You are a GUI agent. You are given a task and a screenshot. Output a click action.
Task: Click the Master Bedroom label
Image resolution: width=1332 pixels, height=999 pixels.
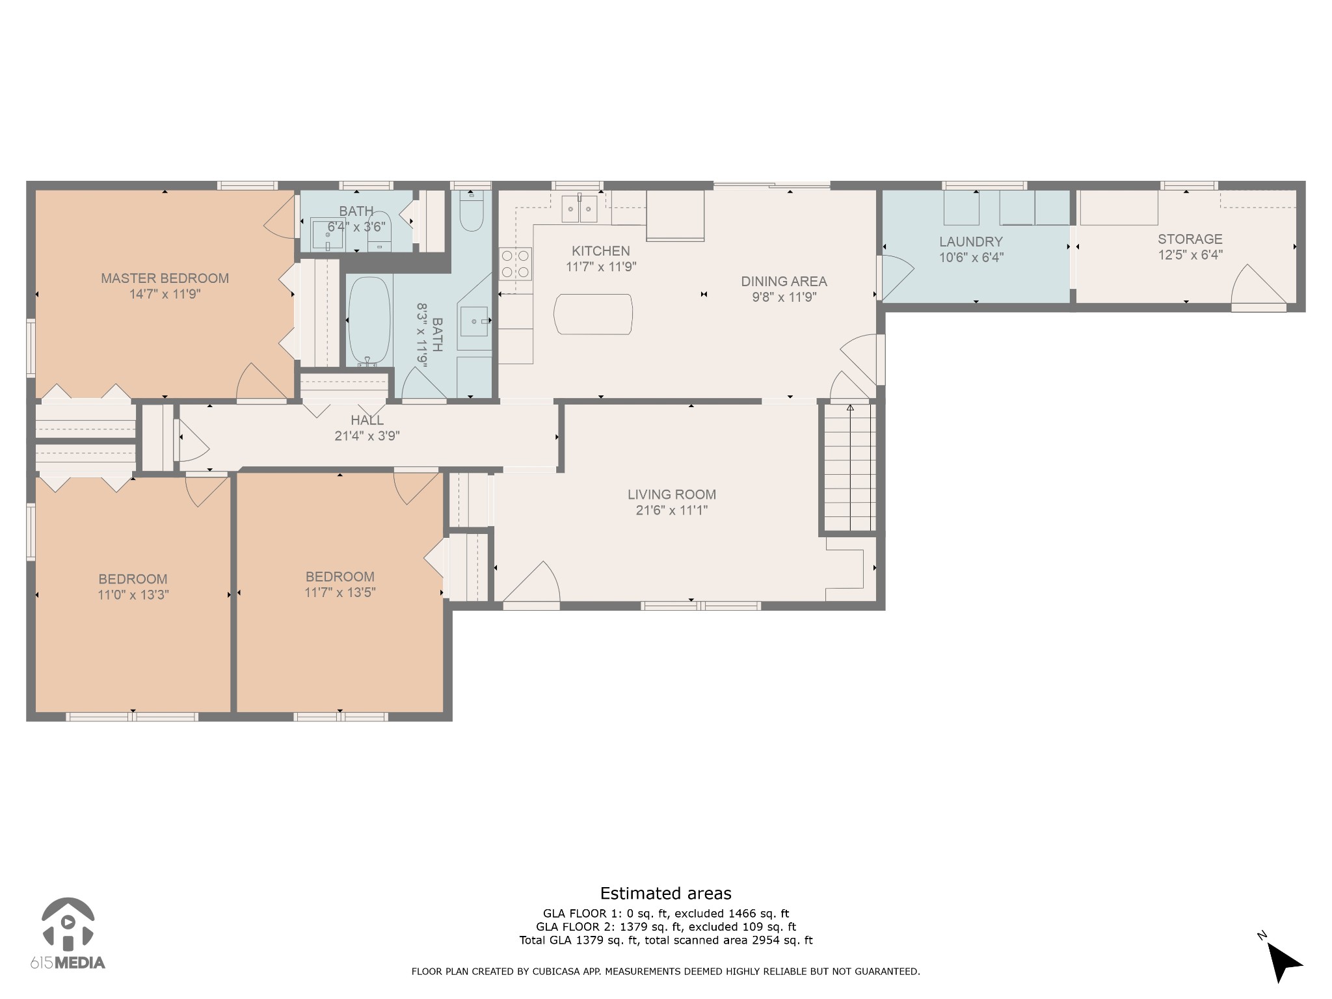[165, 278]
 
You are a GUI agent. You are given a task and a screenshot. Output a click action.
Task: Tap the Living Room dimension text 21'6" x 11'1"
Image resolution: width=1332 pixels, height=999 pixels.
[671, 511]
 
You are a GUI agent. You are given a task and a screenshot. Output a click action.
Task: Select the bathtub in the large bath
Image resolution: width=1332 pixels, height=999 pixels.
[369, 322]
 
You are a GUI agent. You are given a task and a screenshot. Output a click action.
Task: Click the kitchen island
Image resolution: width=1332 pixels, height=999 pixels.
[593, 315]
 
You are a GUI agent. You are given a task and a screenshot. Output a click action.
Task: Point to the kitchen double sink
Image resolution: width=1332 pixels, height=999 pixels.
[579, 208]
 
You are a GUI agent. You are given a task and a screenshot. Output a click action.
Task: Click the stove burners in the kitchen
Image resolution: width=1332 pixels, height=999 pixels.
[515, 263]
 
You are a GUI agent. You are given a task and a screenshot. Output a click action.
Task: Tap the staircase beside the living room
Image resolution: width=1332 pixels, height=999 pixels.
[850, 468]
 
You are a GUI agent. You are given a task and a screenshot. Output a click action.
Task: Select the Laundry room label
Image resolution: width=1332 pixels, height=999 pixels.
[971, 242]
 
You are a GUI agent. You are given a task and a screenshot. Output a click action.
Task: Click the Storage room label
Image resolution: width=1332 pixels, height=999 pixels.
[1190, 239]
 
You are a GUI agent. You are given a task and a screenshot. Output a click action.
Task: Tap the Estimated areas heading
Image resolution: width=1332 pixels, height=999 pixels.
[665, 894]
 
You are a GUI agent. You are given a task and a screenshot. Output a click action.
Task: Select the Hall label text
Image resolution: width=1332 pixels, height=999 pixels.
[367, 421]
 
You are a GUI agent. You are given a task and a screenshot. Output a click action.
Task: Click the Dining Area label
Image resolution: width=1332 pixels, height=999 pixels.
[784, 282]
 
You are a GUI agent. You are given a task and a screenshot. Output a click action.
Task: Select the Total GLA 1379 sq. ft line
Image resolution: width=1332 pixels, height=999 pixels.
[666, 940]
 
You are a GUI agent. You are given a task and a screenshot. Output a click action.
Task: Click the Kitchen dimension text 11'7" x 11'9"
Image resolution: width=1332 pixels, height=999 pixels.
[601, 267]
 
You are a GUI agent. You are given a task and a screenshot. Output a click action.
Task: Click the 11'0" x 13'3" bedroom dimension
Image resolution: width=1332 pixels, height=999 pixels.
[133, 595]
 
